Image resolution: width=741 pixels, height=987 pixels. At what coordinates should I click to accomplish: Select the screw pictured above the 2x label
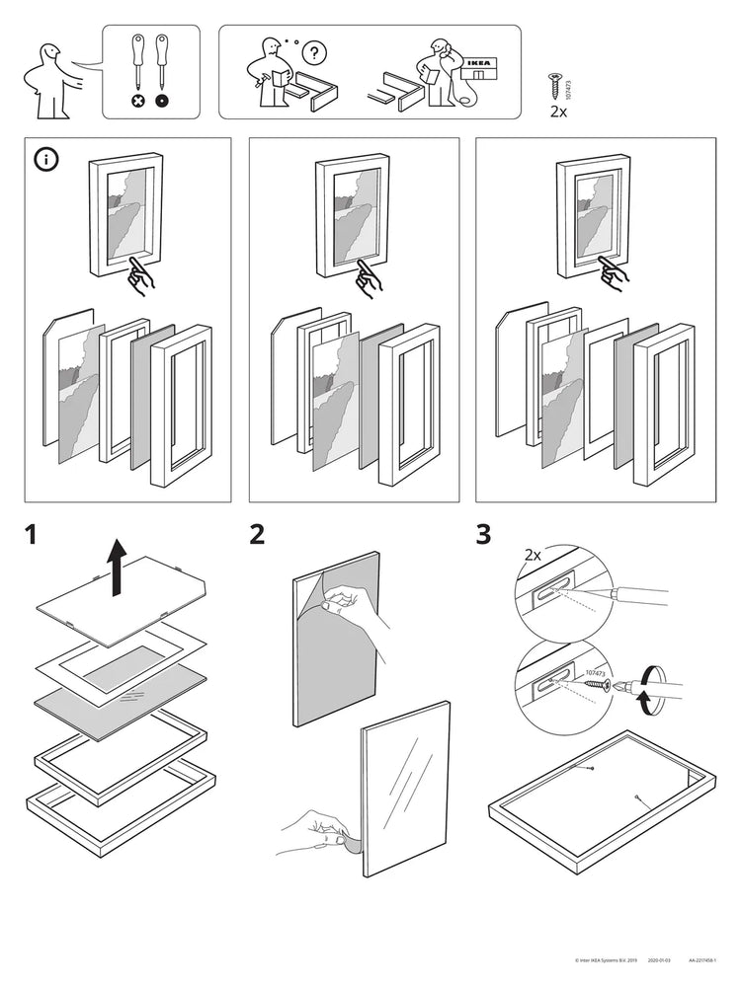[x=555, y=86]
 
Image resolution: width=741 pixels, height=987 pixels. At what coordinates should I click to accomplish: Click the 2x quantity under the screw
[x=557, y=112]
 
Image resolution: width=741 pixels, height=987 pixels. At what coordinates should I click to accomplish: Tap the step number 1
[x=32, y=535]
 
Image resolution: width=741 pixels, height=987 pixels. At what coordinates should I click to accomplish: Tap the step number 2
[x=257, y=535]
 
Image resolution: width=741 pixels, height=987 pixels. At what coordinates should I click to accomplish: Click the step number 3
[x=483, y=535]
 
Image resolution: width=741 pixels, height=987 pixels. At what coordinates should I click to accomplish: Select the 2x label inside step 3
[x=533, y=556]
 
